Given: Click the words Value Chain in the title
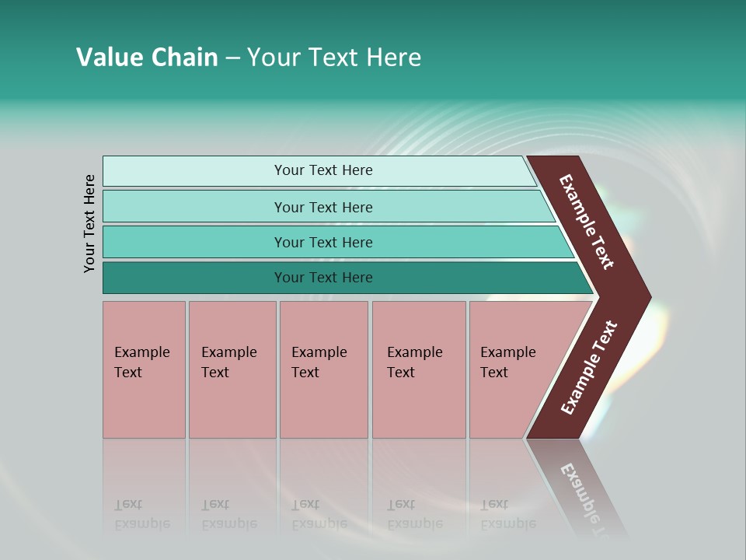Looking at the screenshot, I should coord(147,58).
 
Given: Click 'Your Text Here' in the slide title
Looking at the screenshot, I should coord(334,58).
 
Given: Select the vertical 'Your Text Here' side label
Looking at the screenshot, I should coord(89,223).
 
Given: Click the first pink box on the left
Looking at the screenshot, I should coord(144,369).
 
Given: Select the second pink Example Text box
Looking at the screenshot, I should coord(232,369).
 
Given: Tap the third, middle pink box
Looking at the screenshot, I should coord(323,369).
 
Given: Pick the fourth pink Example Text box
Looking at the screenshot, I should coord(419,369).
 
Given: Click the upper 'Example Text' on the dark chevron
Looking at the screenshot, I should coord(587,222).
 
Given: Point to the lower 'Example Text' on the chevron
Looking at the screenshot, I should coord(589,368).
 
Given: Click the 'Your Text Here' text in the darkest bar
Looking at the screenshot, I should coord(323,278).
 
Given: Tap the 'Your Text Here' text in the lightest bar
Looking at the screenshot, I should coord(323,170).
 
